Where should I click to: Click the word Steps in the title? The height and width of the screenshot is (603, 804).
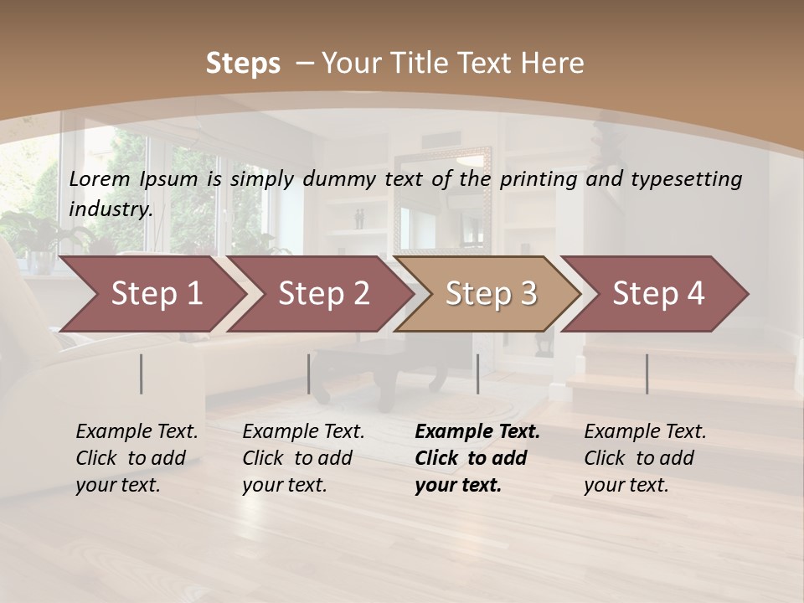click(243, 63)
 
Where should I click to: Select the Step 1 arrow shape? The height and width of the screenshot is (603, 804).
click(151, 293)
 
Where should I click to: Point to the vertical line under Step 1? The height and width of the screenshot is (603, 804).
click(142, 374)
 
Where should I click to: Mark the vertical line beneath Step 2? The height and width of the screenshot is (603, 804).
click(309, 374)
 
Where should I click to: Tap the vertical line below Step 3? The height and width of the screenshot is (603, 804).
click(477, 374)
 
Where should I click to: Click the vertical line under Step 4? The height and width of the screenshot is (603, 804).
click(647, 374)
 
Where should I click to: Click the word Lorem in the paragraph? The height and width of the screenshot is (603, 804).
click(99, 178)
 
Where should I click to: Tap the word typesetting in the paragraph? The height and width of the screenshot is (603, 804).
click(694, 179)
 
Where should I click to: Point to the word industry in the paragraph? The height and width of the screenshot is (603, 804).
click(110, 209)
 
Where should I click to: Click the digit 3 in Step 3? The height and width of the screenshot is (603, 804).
click(528, 293)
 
